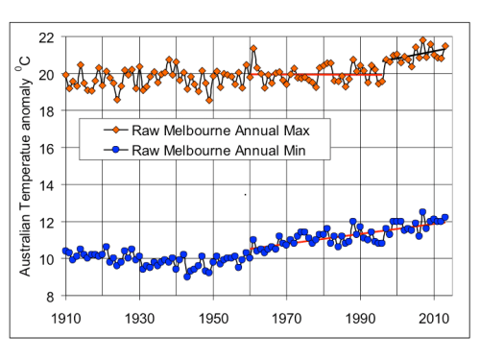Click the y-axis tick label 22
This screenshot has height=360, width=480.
46,38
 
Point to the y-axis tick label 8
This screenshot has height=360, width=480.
50,297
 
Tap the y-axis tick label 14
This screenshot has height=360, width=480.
46,185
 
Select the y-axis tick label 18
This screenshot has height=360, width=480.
46,111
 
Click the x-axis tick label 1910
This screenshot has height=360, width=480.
66,319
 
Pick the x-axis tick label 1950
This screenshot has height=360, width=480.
213,319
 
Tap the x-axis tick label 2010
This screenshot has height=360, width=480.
434,319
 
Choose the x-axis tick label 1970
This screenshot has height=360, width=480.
287,319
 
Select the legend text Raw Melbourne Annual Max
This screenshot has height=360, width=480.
221,131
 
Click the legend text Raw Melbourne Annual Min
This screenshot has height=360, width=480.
219,151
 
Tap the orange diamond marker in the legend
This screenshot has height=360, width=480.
116,130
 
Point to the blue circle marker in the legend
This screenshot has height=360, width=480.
116,150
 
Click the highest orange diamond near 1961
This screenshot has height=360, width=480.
253,49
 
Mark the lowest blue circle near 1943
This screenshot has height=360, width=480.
187,276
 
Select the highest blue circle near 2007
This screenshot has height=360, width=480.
422,212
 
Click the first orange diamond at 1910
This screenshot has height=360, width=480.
66,75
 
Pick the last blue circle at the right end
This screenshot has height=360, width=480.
444,217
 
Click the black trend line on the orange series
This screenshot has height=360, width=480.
414,55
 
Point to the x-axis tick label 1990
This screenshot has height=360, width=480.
360,319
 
